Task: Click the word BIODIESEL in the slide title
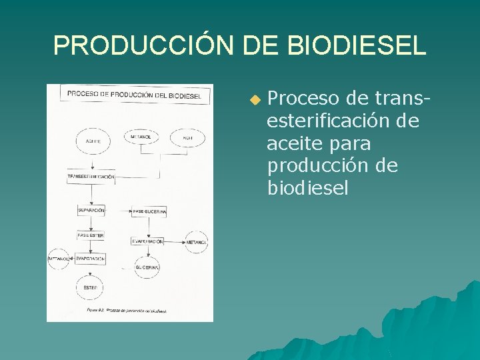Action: pyautogui.click(x=357, y=45)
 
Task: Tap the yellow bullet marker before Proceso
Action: pyautogui.click(x=253, y=101)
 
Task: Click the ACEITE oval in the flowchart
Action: pyautogui.click(x=93, y=141)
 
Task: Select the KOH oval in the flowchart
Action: pyautogui.click(x=187, y=138)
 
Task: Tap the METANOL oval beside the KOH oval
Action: pyautogui.click(x=141, y=138)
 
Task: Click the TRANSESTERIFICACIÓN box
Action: pyautogui.click(x=91, y=177)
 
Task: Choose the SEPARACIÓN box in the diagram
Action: pyautogui.click(x=91, y=211)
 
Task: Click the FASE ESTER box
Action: pyautogui.click(x=91, y=235)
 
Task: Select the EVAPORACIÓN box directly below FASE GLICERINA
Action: pyautogui.click(x=147, y=241)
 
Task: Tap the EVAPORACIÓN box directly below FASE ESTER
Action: pyautogui.click(x=91, y=258)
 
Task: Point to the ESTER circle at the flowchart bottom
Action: pyautogui.click(x=91, y=287)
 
